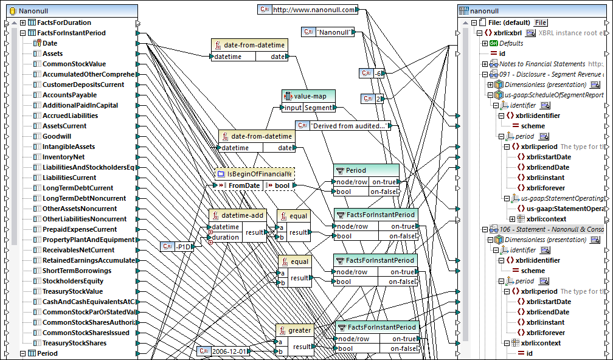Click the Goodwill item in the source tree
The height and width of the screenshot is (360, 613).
coord(57,136)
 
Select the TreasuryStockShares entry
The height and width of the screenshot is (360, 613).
coord(74,343)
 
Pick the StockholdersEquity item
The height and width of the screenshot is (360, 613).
coord(72,281)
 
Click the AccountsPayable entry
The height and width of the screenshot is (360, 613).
coord(69,95)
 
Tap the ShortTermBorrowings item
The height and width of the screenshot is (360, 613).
coord(77,271)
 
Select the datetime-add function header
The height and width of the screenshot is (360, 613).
coord(242,215)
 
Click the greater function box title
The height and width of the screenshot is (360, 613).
coord(299,330)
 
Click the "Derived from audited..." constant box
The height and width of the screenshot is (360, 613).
coord(349,126)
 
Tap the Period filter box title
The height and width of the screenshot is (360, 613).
coord(356,170)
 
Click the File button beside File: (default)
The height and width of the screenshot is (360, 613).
coord(541,22)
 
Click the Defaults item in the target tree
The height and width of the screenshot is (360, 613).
coord(511,43)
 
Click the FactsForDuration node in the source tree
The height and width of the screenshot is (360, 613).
coord(63,22)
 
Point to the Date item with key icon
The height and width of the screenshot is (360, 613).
coord(50,43)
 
